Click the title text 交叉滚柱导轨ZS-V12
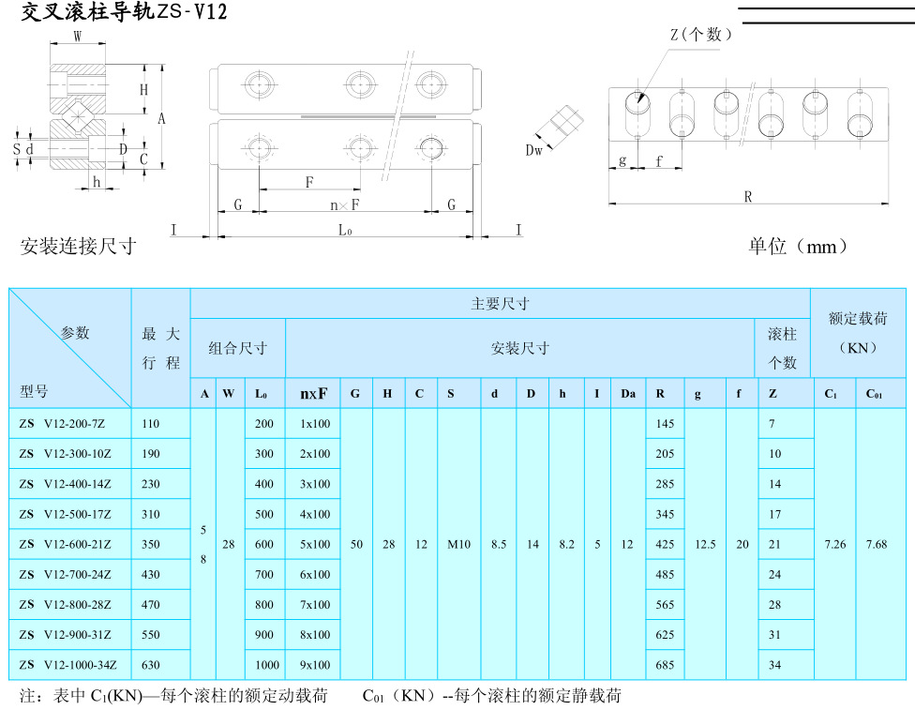click(123, 13)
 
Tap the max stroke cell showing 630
click(151, 665)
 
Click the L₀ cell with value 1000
click(266, 665)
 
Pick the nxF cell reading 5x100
click(315, 545)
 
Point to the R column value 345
click(665, 515)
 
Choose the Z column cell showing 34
click(775, 665)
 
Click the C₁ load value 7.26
click(834, 545)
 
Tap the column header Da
click(627, 394)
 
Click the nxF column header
click(314, 394)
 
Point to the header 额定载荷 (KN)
click(857, 332)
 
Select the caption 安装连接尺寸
click(79, 247)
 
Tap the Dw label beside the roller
click(534, 149)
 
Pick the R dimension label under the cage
click(748, 196)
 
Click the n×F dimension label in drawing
click(345, 204)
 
